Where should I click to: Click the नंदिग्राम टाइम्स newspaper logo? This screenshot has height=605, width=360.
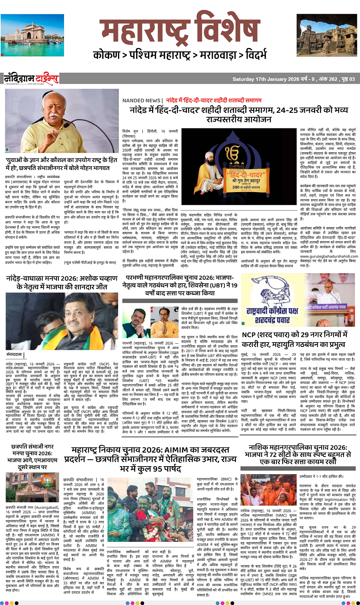tap(31, 79)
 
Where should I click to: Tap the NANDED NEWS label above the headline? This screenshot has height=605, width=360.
tap(142, 100)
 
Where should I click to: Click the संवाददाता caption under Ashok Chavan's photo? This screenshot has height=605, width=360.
tap(14, 355)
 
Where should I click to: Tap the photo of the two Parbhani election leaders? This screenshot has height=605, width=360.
tap(150, 323)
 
